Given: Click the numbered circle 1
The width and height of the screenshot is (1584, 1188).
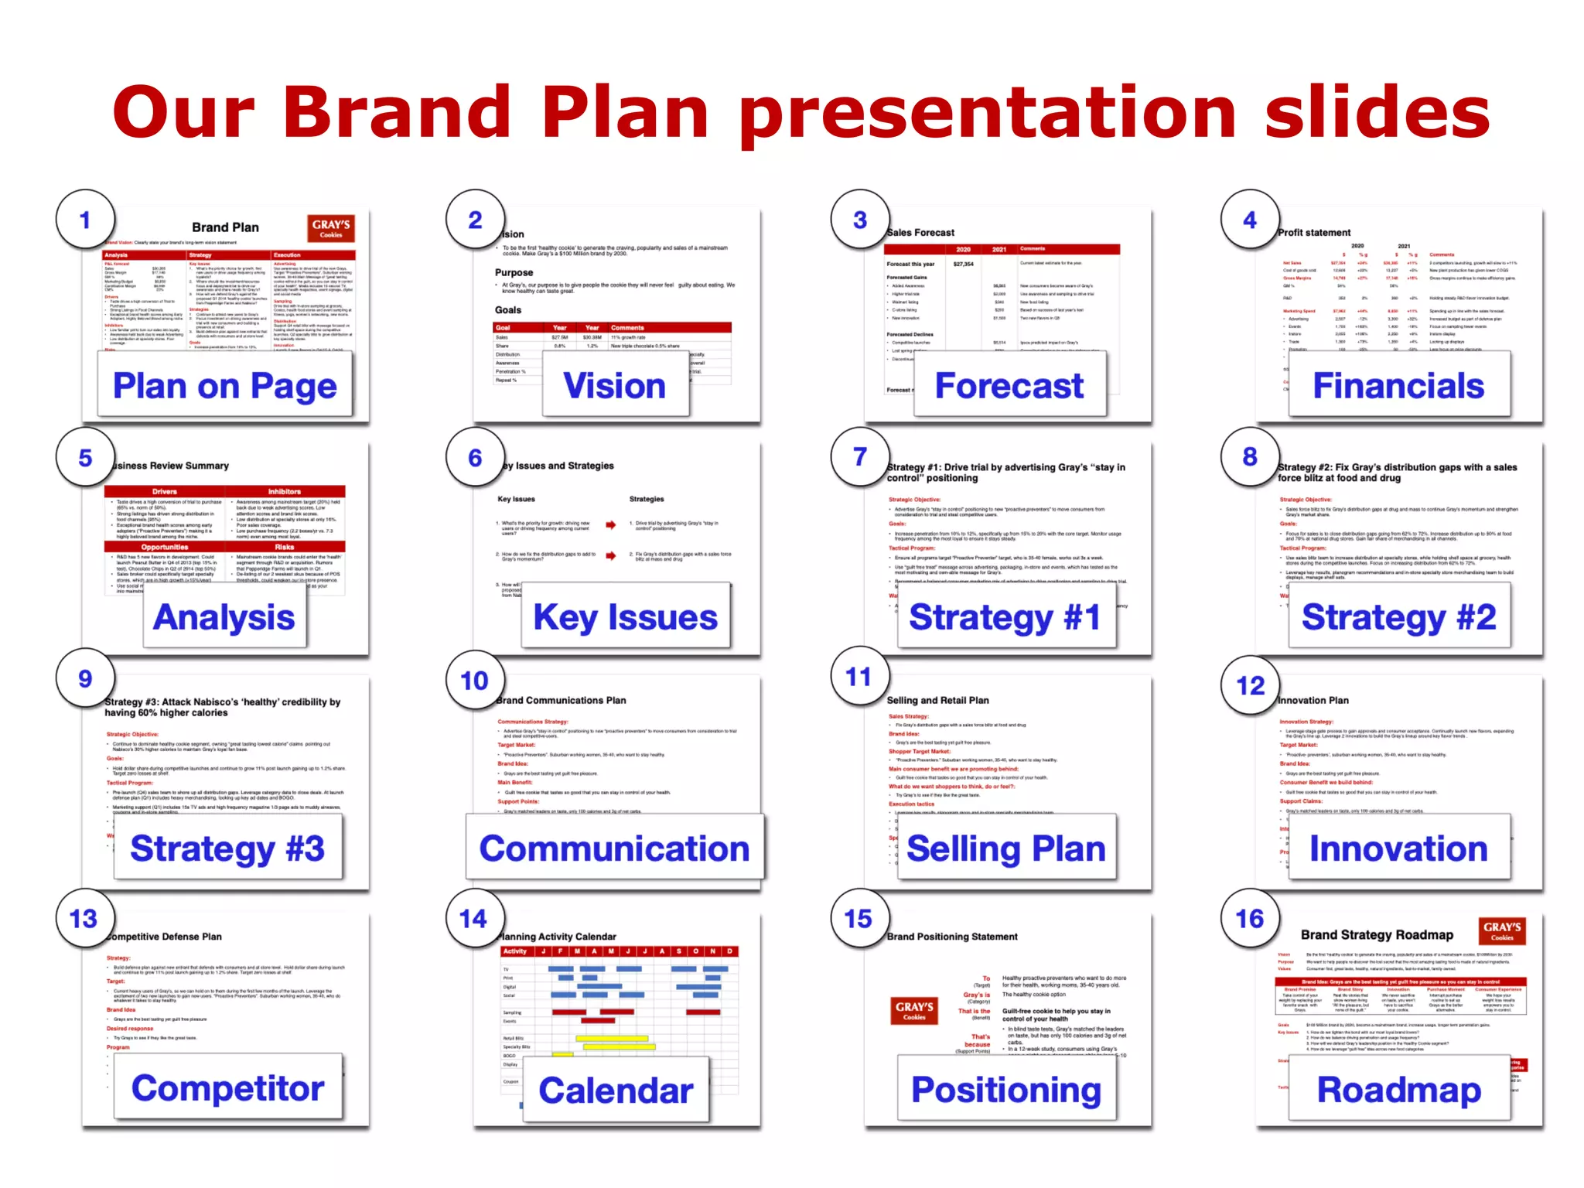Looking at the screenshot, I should coord(85,220).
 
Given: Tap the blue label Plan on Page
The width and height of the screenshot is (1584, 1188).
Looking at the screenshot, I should coord(224,385).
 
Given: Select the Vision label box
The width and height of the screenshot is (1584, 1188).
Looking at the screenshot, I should coord(615,385).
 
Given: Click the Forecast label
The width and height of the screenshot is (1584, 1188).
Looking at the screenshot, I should coord(1009,385).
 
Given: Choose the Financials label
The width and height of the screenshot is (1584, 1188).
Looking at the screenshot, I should coord(1398,385).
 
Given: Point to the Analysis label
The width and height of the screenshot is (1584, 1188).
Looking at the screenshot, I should coord(224,617).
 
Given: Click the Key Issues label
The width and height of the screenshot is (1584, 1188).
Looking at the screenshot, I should coord(625,617).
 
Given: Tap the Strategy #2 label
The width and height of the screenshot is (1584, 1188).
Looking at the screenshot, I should coord(1398,617).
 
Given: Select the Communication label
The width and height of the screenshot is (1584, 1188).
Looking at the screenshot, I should coord(614,848).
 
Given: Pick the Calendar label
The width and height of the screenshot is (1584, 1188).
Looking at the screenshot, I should coord(616,1091).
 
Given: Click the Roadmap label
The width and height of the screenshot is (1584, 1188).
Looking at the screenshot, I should coord(1398,1090).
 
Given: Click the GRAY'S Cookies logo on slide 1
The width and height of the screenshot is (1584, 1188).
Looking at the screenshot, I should coord(331,228).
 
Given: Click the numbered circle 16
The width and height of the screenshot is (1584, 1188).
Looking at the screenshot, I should coord(1250,919).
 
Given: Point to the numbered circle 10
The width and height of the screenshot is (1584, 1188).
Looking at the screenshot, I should coord(475,681).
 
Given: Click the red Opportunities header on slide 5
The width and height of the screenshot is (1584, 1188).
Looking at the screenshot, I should coord(164,547).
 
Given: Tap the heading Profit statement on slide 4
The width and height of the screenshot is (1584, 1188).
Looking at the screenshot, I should coord(1314,232).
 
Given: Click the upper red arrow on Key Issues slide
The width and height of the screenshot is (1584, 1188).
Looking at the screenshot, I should coord(611,525).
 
